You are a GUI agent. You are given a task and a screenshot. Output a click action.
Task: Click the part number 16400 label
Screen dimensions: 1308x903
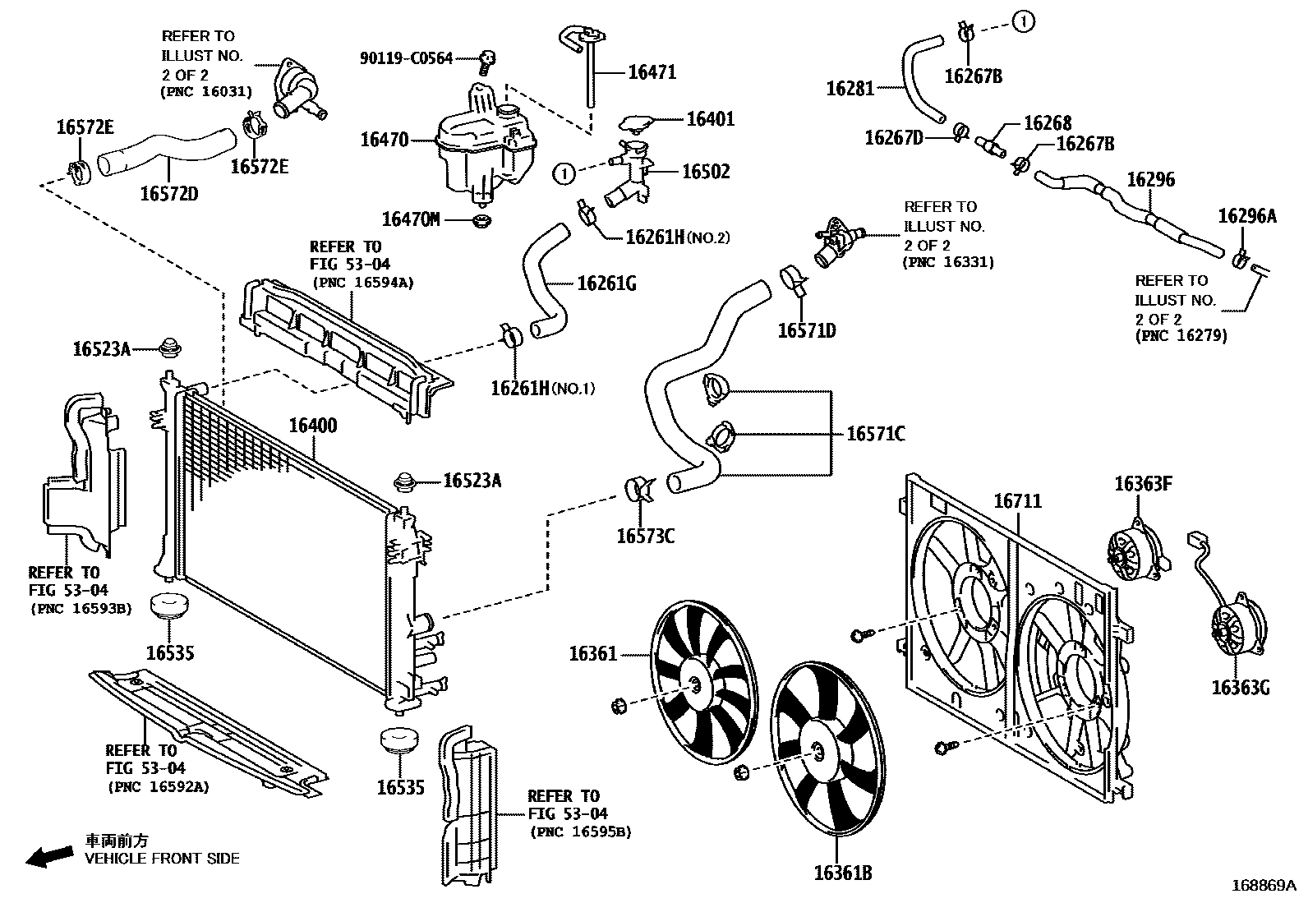coord(313,426)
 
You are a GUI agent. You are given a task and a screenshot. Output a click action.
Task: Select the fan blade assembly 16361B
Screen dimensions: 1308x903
coord(827,749)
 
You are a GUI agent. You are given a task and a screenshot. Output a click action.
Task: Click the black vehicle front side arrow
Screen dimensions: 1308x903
coord(49,857)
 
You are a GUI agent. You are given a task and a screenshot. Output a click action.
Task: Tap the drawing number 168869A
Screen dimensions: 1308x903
coord(1263,885)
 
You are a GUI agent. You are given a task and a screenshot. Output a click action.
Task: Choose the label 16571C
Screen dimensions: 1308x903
coord(875,433)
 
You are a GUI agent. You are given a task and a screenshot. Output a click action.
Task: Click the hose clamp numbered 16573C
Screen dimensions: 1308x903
coord(638,490)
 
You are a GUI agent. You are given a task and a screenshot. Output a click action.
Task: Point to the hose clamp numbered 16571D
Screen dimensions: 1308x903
coord(794,279)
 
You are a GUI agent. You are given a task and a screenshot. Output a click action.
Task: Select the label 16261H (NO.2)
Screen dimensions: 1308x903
coord(677,237)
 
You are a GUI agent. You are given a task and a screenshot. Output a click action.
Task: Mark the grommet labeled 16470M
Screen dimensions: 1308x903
coord(481,221)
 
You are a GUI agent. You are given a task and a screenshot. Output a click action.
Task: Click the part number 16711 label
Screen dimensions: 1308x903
coord(1017,500)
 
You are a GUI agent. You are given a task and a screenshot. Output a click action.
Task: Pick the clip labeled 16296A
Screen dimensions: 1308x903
coord(1241,257)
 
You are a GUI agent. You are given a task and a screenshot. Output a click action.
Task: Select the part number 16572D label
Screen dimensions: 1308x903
coord(168,193)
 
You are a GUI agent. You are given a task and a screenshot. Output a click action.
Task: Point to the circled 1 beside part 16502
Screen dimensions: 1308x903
coord(564,173)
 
